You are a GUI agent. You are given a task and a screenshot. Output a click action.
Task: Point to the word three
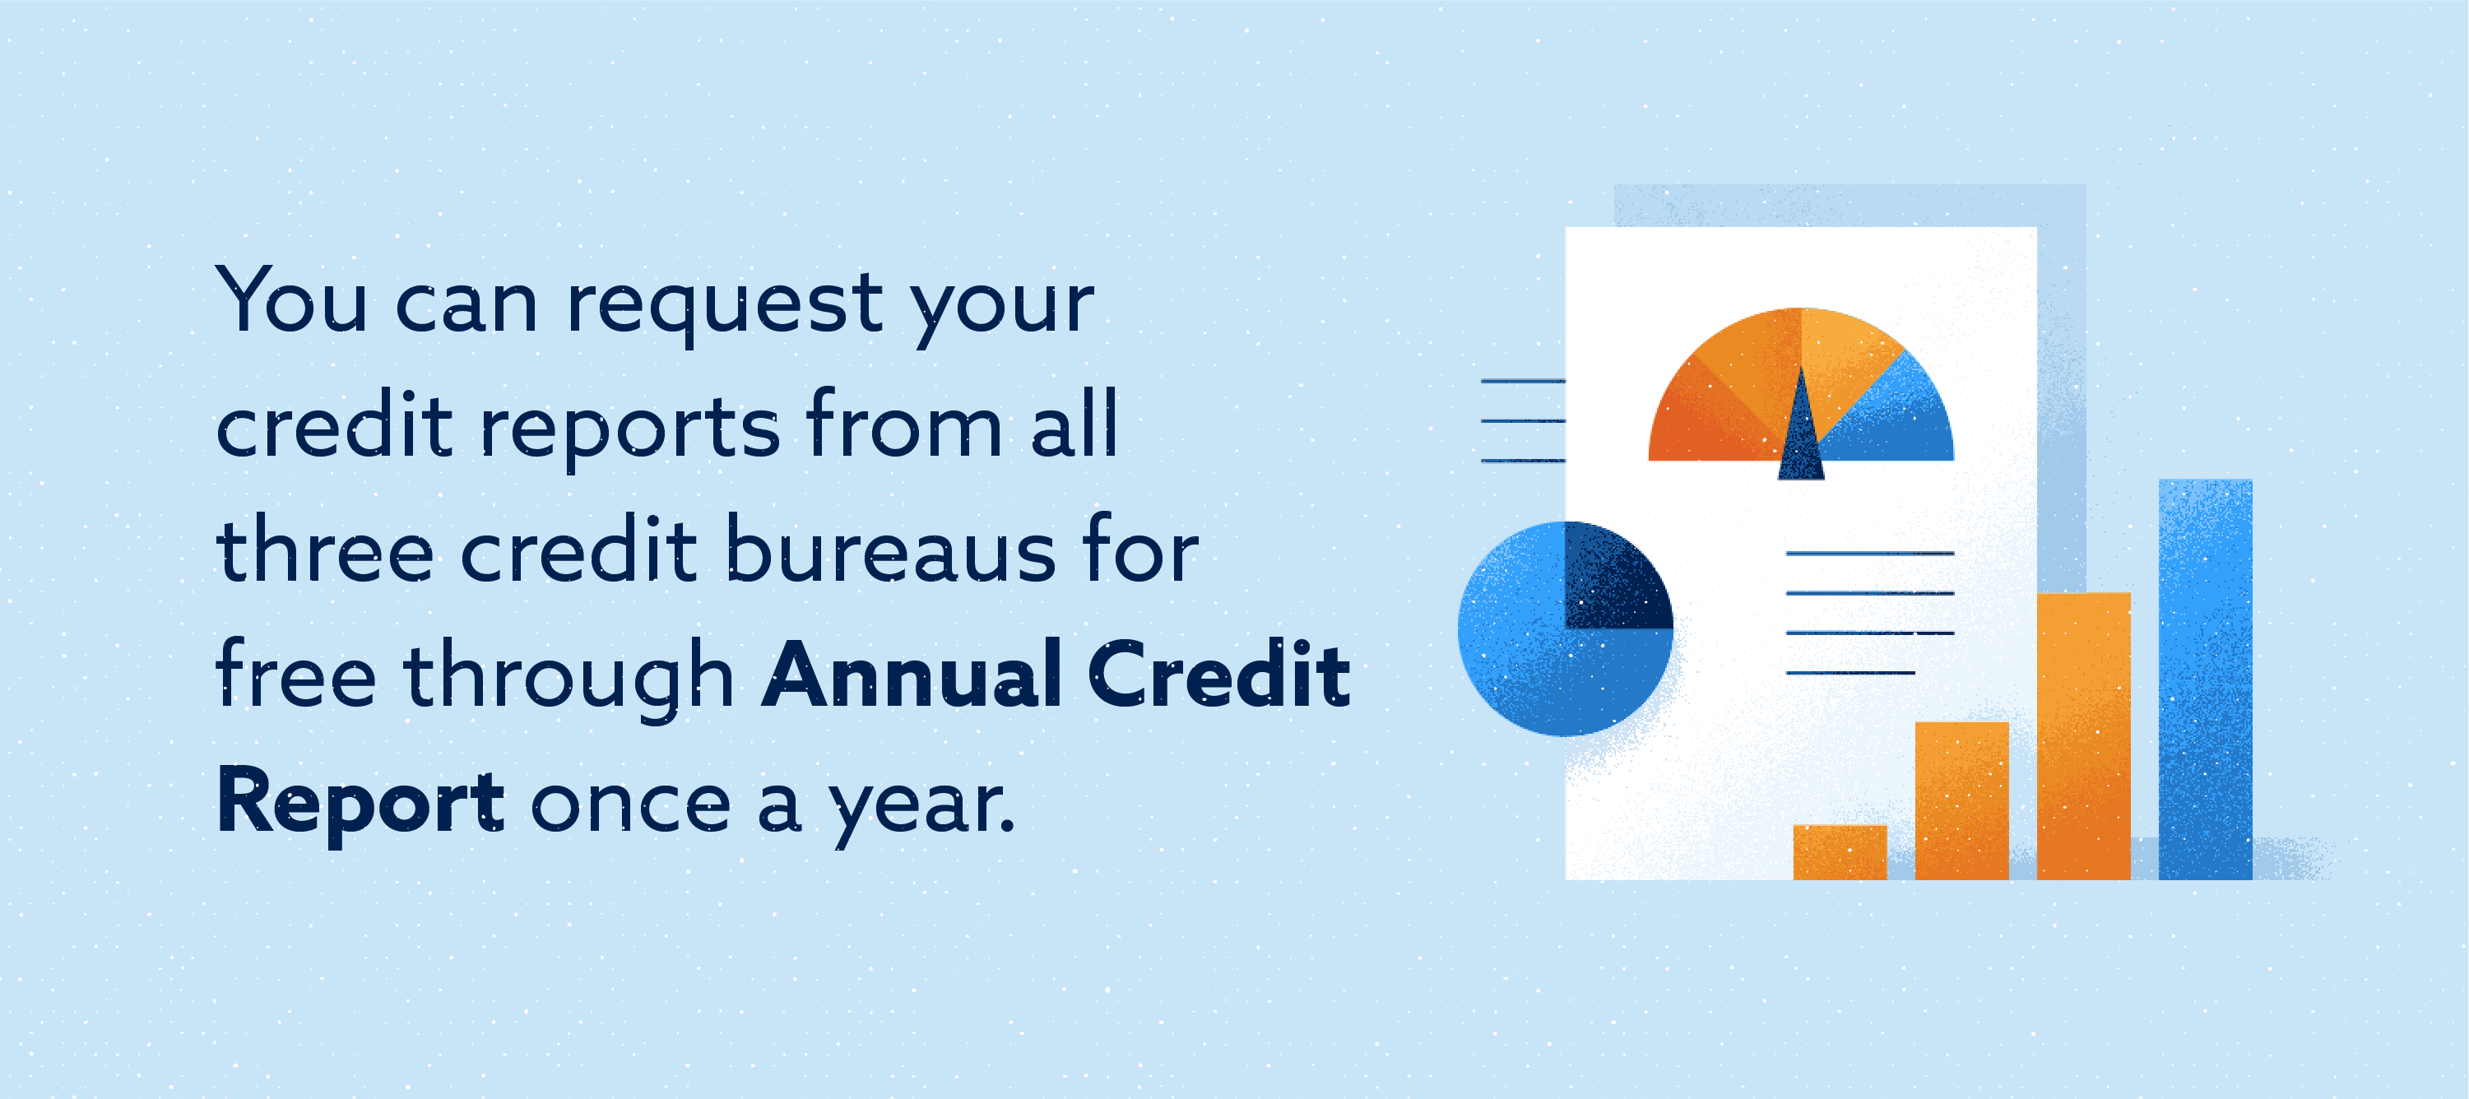(x=325, y=551)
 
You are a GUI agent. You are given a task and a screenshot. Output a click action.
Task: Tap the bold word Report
(x=360, y=803)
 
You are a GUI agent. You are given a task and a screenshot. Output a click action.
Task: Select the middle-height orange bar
(x=1961, y=800)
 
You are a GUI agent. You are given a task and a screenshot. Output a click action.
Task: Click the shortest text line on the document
(x=1849, y=673)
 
